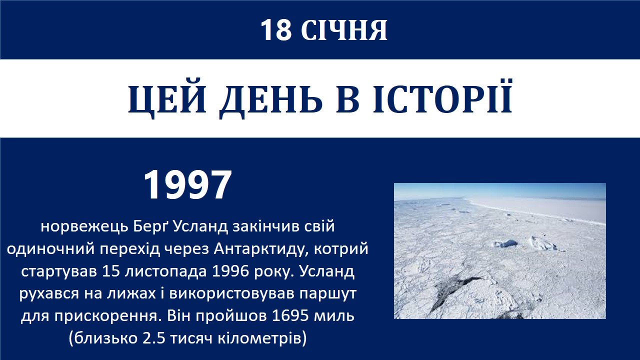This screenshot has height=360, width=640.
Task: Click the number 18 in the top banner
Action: (276, 30)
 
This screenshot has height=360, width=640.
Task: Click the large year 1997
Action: (187, 185)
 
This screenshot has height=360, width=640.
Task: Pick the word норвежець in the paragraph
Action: (84, 227)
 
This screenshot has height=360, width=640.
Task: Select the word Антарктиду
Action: (261, 249)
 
